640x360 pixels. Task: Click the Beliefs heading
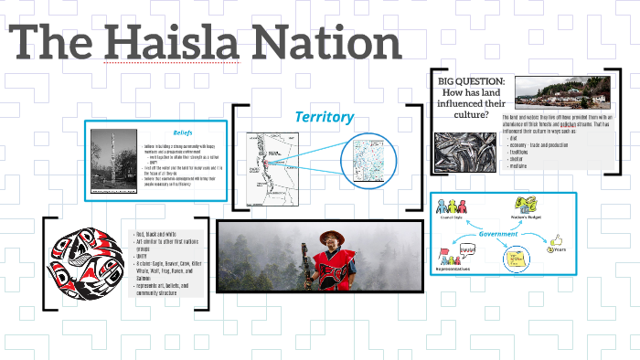tap(183, 132)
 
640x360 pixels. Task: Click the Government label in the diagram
tap(498, 234)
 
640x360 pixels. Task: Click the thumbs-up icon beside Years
tap(552, 241)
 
